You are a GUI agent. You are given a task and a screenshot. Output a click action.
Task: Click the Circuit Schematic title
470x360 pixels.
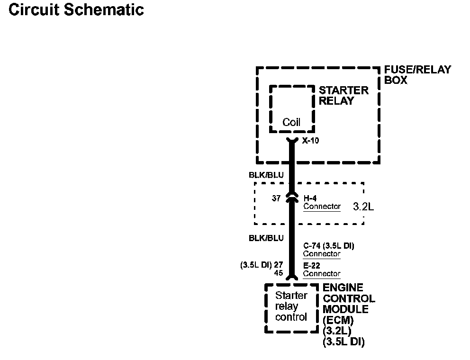point(76,10)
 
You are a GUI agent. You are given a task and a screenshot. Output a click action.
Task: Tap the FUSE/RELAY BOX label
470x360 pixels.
point(417,75)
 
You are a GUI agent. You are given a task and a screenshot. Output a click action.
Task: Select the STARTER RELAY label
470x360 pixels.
point(343,95)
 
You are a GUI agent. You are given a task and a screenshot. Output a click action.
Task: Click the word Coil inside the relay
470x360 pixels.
point(291,123)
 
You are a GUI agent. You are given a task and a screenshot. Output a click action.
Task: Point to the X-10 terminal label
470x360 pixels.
point(311,140)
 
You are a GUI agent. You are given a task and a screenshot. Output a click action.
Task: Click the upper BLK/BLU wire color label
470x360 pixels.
point(266,175)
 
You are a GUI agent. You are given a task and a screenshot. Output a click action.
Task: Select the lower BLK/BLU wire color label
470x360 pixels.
point(266,238)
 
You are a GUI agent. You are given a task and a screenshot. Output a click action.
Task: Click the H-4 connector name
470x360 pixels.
point(311,198)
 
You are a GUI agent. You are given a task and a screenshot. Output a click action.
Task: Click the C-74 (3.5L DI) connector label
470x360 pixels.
point(329,246)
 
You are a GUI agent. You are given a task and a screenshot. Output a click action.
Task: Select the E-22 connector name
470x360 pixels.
point(312,266)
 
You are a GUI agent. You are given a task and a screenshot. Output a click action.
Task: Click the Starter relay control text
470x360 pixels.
point(291,306)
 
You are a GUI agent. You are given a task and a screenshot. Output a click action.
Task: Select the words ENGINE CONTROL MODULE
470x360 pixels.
point(349,298)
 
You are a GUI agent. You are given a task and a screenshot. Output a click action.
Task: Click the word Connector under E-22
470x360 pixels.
point(322,274)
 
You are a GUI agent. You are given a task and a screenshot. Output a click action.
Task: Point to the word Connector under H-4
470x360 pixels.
point(322,207)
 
